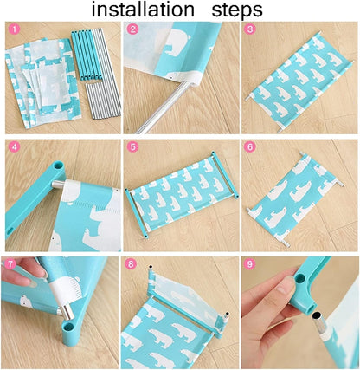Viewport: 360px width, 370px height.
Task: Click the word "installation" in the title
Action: coord(143,10)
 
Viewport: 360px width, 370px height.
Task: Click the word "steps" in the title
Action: coord(237,10)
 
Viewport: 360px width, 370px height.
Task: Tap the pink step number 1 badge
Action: coord(14,29)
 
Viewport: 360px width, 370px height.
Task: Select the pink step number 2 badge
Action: coord(132,29)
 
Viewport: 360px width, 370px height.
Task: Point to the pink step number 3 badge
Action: coord(250,29)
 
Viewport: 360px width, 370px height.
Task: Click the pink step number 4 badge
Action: coord(15,147)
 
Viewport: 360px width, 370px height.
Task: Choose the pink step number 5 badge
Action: coord(132,146)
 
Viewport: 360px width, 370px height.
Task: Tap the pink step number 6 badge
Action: coord(250,146)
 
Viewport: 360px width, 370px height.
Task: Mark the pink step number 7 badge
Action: coord(11,264)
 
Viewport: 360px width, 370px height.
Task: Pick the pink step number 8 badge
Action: coord(132,264)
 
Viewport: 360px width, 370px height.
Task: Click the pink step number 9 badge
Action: coord(249,263)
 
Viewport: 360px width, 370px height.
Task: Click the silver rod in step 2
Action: coord(163,108)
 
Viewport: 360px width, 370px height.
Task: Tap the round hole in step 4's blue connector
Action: coord(59,166)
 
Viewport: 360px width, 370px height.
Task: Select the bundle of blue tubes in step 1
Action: coord(86,55)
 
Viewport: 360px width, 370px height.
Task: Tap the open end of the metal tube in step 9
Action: coord(318,314)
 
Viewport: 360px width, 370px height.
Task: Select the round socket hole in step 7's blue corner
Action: coord(68,328)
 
